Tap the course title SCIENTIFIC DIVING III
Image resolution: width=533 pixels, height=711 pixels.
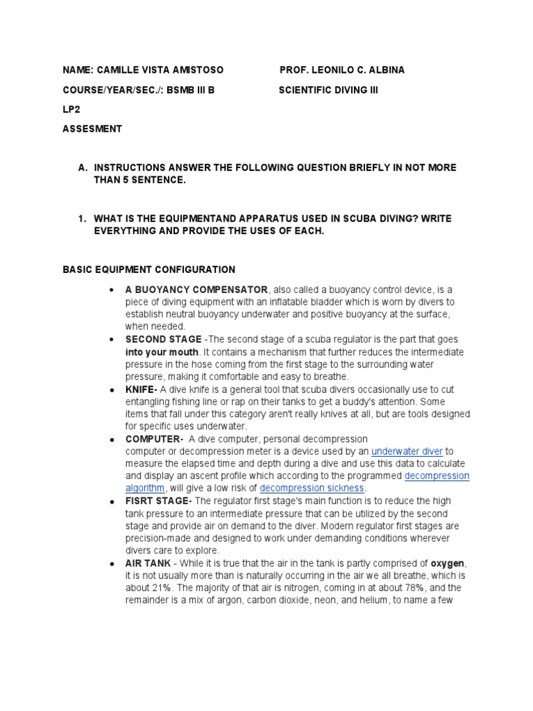click(328, 90)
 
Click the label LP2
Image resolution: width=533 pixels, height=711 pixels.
click(71, 109)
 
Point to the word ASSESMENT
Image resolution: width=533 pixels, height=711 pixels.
click(92, 128)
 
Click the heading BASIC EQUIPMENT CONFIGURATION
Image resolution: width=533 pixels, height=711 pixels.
click(149, 269)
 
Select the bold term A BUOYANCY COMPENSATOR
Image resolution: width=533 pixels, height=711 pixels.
click(196, 289)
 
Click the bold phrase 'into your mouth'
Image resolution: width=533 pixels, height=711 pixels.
click(162, 352)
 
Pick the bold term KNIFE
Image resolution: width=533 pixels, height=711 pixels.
click(140, 390)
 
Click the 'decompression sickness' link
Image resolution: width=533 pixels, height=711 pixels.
click(312, 488)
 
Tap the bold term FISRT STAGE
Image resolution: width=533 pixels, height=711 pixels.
click(158, 501)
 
